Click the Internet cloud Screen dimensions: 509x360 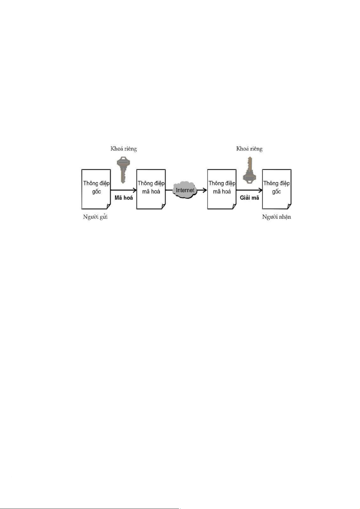pyautogui.click(x=185, y=190)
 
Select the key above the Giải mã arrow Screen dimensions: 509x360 pyautogui.click(x=249, y=171)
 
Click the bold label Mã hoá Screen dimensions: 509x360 pyautogui.click(x=124, y=198)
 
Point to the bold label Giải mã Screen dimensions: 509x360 pyautogui.click(x=249, y=198)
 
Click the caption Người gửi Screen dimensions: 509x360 pyautogui.click(x=95, y=217)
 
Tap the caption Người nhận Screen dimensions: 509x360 pyautogui.click(x=276, y=217)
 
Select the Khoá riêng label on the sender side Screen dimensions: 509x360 pyautogui.click(x=123, y=149)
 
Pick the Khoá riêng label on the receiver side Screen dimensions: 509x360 pyautogui.click(x=249, y=149)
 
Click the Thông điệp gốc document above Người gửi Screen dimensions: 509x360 pyautogui.click(x=96, y=189)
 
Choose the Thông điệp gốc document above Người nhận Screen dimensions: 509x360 pyautogui.click(x=276, y=189)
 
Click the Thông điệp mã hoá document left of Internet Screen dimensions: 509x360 pyautogui.click(x=151, y=189)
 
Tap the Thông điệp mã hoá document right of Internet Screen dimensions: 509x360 pyautogui.click(x=222, y=189)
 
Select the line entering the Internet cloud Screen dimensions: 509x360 pyautogui.click(x=169, y=190)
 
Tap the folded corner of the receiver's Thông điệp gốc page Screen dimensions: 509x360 pyautogui.click(x=289, y=206)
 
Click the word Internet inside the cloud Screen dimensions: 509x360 pyautogui.click(x=185, y=190)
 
